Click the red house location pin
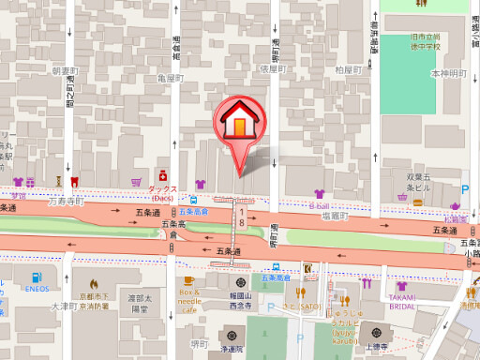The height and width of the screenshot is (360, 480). click(241, 127)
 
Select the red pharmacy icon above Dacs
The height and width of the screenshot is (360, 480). click(162, 175)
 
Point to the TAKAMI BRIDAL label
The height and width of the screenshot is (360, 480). click(402, 299)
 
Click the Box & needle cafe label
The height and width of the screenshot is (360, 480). click(188, 299)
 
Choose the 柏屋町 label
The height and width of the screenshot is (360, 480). click(347, 69)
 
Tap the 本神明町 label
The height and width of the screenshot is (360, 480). click(447, 73)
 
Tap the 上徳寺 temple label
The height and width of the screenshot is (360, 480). click(381, 347)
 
